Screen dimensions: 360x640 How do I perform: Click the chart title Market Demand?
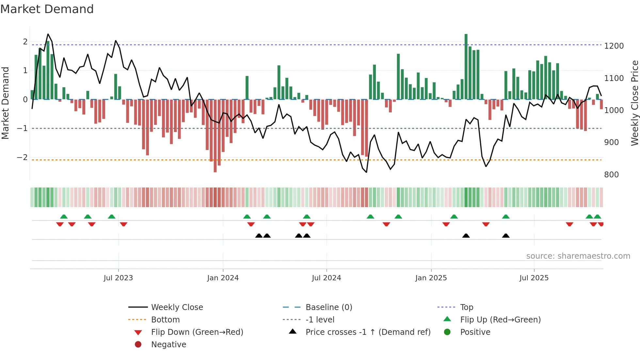pos(47,9)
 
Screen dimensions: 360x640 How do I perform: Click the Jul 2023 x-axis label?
pos(118,278)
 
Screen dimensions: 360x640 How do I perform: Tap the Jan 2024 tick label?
pos(223,278)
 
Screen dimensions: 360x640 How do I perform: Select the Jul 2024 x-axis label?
pos(326,278)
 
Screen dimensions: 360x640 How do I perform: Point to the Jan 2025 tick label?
pos(431,278)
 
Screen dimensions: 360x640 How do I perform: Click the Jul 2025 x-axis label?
pos(534,278)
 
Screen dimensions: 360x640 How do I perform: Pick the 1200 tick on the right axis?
pos(614,46)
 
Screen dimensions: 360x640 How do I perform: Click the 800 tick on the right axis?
pos(611,175)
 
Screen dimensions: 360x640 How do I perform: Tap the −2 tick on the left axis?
pos(23,157)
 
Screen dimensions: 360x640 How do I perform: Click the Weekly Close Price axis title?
pos(634,103)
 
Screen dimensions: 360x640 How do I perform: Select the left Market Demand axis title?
pos(6,103)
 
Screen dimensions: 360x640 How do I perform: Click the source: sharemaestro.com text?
pos(578,256)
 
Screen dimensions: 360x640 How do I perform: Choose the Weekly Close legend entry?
pos(177,307)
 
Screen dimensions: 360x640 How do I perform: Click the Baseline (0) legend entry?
pos(328,307)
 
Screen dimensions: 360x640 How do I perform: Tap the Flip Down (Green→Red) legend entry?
pos(197,332)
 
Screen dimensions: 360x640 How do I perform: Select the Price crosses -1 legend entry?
pos(368,332)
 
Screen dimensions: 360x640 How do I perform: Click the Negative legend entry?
pos(168,345)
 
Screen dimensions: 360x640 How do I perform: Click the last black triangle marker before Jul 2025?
pos(505,236)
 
